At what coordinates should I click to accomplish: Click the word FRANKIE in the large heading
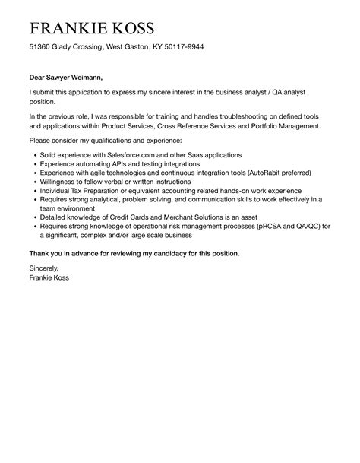pyautogui.click(x=69, y=29)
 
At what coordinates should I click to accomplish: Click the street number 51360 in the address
pyautogui.click(x=41, y=47)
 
